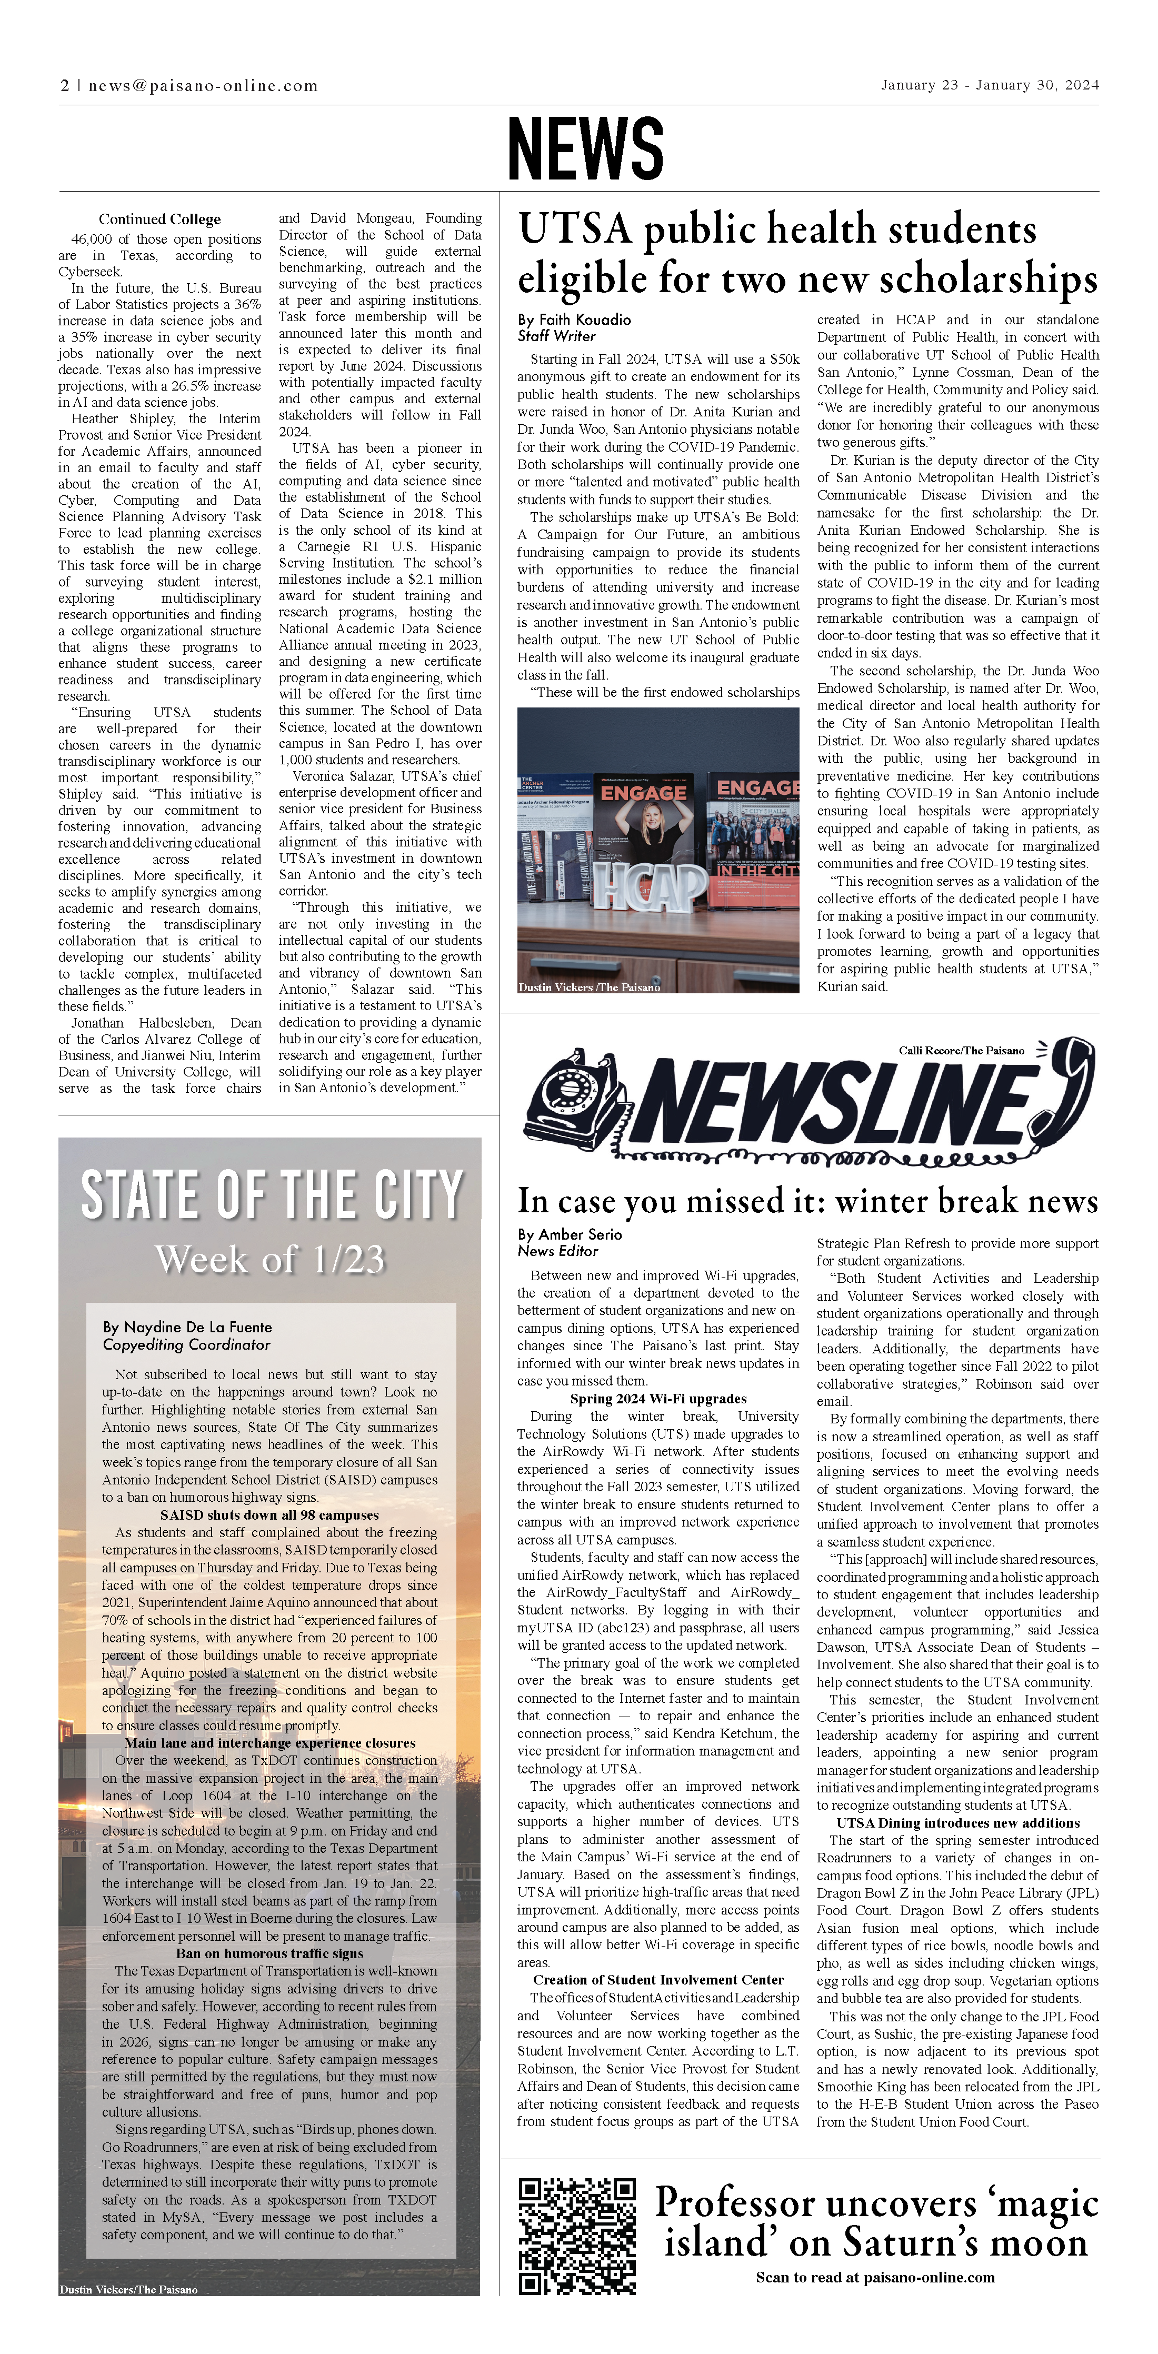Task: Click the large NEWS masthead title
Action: coord(585,147)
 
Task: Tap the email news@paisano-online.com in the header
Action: coord(203,86)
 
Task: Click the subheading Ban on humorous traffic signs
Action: coord(269,1954)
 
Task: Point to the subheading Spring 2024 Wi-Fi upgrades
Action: coord(658,1399)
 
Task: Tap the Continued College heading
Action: coord(160,220)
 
